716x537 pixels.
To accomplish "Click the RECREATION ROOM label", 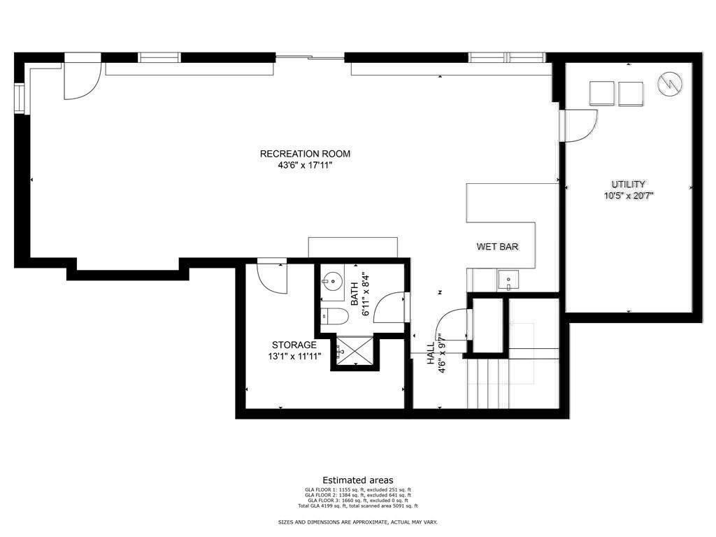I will coord(305,154).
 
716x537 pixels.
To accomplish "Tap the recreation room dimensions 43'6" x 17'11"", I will coord(305,166).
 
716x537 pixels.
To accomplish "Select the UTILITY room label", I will coord(629,184).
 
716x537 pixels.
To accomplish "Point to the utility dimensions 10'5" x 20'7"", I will coord(629,196).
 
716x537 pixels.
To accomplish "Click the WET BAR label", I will coord(497,247).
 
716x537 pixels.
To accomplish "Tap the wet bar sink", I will coord(507,281).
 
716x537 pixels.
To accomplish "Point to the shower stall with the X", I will coord(354,351).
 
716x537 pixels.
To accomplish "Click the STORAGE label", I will coord(294,345).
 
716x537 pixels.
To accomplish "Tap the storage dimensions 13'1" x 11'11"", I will coord(294,356).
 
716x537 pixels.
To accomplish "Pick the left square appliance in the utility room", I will coord(602,94).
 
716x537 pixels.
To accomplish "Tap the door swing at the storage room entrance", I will coord(271,277).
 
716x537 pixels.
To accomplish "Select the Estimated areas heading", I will coord(358,480).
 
